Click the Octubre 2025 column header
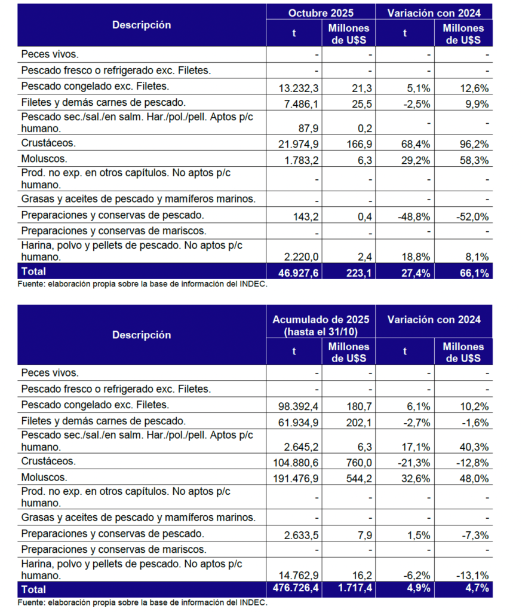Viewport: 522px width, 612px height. (x=320, y=13)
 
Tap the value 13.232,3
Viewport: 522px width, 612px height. (x=300, y=88)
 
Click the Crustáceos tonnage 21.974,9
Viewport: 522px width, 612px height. (x=300, y=144)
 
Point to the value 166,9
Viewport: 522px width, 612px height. (x=360, y=144)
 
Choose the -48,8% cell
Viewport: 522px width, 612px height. (x=414, y=216)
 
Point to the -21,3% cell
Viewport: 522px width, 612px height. (x=414, y=463)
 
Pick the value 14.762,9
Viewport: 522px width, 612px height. (x=300, y=576)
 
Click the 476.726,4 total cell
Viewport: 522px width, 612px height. (x=297, y=589)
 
